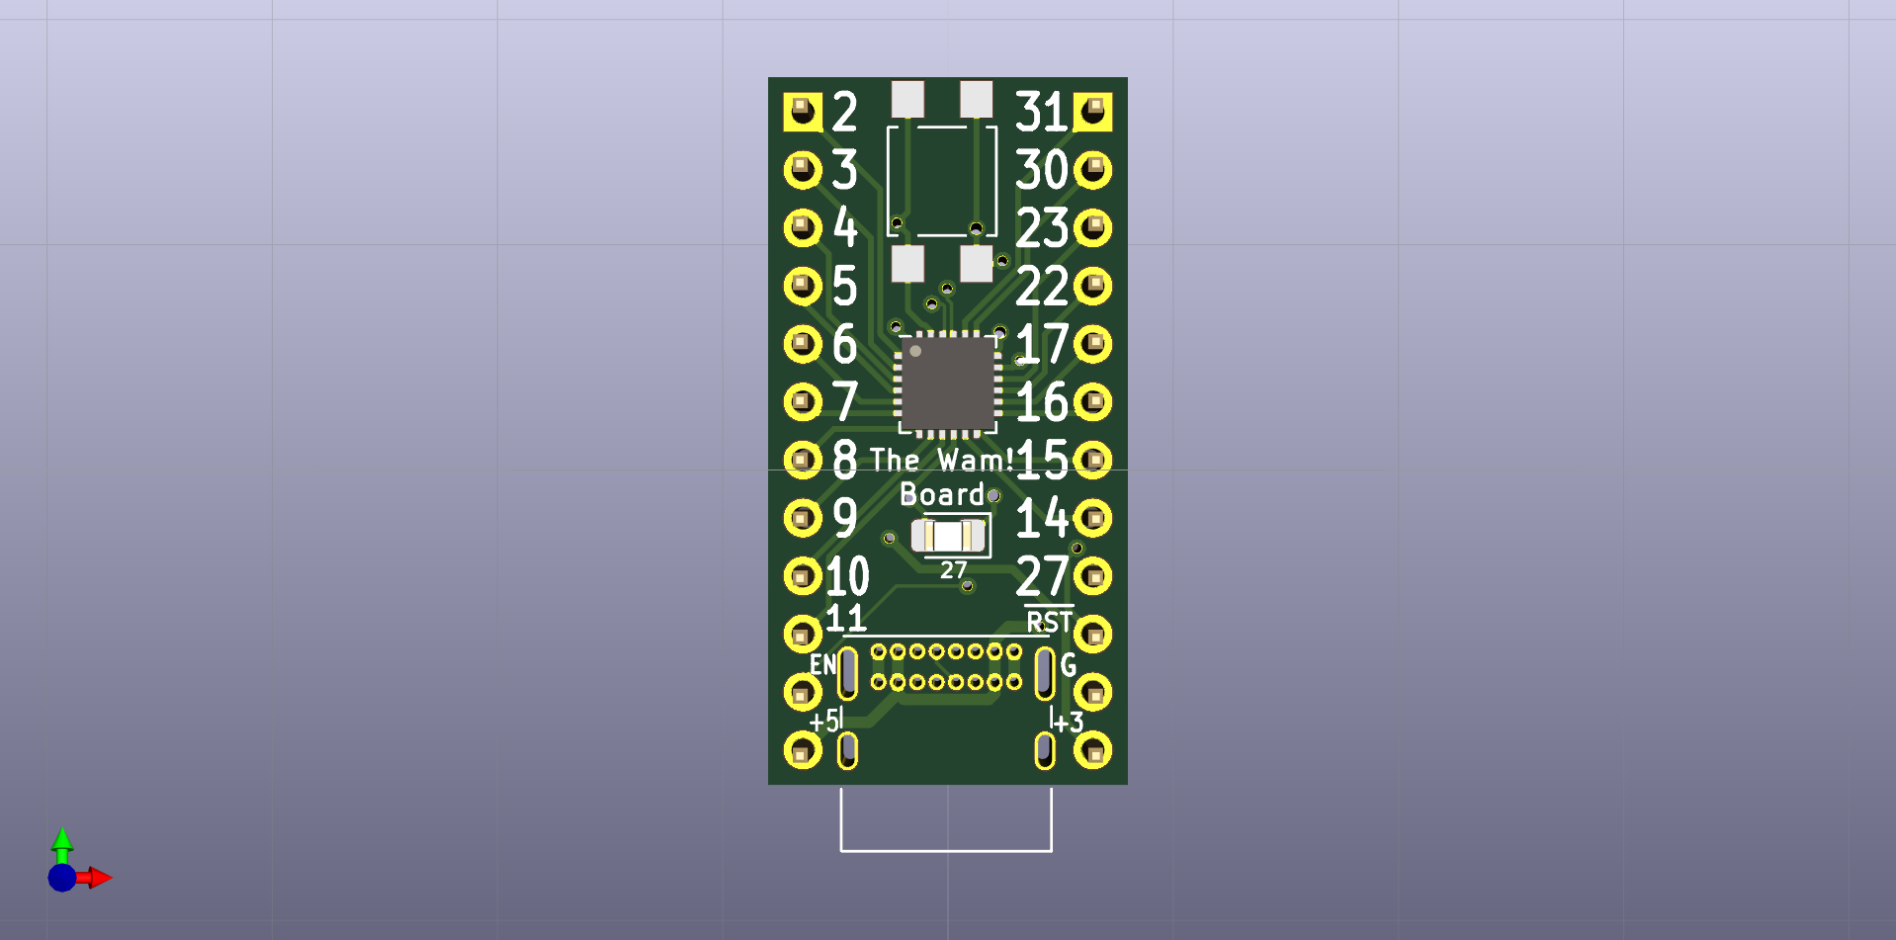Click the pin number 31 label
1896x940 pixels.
[x=1042, y=112]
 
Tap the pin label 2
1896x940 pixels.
[x=844, y=112]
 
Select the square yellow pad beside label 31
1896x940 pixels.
[x=1093, y=112]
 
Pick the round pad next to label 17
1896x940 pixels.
[x=1093, y=344]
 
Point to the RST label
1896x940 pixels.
[x=1049, y=622]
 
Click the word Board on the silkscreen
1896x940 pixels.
[x=941, y=494]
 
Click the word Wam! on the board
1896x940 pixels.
[x=975, y=461]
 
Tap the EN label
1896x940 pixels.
[x=822, y=664]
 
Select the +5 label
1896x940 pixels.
[x=823, y=722]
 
